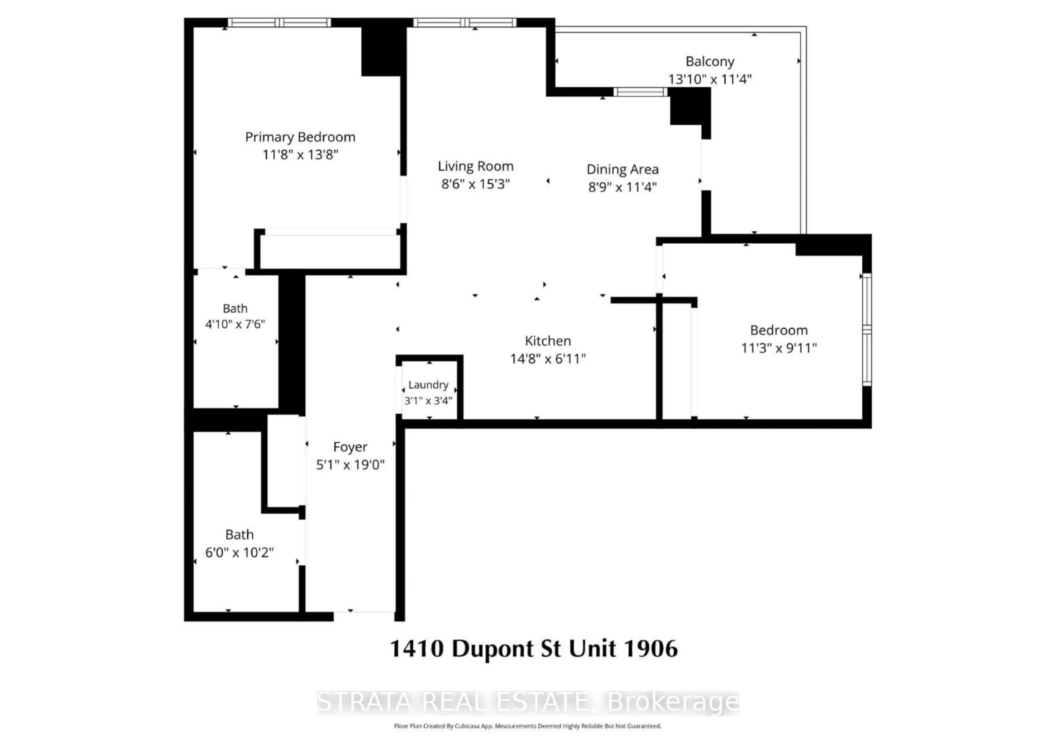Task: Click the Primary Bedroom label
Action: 300,137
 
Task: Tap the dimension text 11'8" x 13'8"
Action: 300,155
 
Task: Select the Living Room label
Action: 475,166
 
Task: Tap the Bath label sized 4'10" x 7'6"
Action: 235,308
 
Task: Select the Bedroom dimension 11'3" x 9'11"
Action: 778,348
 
